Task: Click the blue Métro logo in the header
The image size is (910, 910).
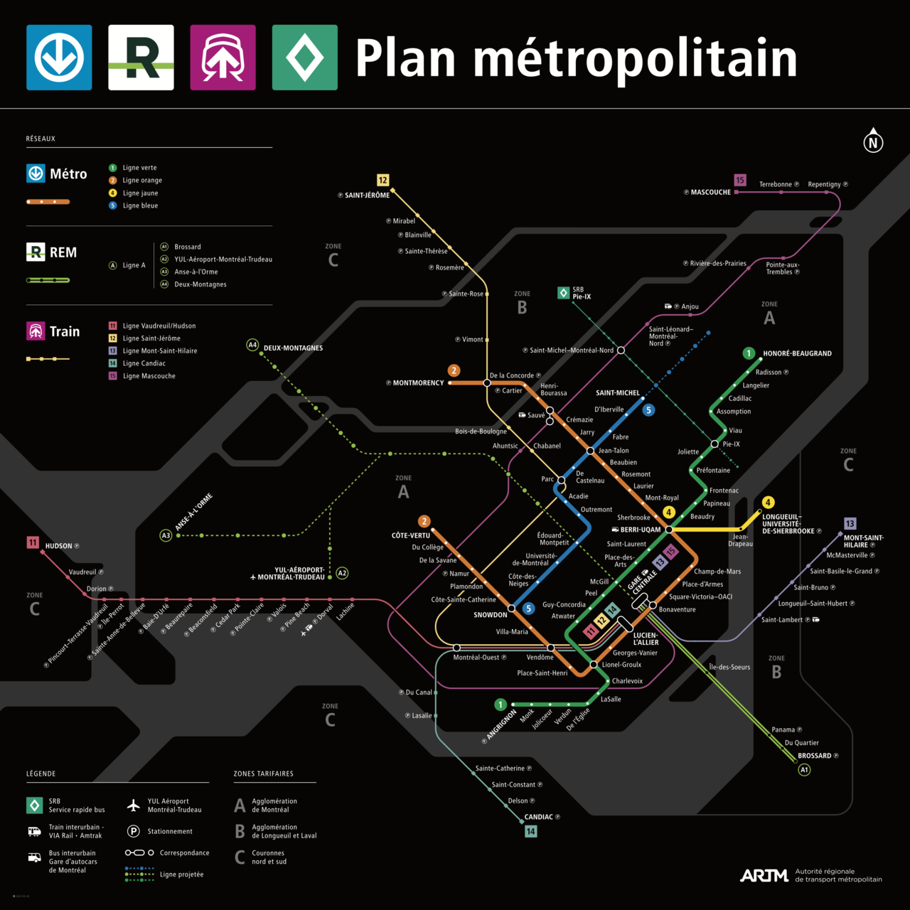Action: pos(59,58)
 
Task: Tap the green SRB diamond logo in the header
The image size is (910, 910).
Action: pos(304,58)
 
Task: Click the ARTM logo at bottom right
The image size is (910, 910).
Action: pos(764,875)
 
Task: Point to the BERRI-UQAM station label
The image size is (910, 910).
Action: pos(640,530)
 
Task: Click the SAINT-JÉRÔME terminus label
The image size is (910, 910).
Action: pos(367,195)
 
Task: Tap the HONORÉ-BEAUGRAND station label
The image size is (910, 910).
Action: pos(797,353)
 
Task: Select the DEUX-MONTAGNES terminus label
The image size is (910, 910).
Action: pos(293,348)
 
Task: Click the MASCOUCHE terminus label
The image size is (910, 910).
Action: pos(710,192)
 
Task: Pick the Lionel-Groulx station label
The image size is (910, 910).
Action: pos(621,665)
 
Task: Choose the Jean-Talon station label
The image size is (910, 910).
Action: pos(614,451)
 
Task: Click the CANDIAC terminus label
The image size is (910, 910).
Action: pos(538,817)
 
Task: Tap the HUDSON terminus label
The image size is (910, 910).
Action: pos(58,546)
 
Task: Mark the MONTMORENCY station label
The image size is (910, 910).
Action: pos(418,383)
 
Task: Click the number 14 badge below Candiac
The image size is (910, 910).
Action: pos(530,831)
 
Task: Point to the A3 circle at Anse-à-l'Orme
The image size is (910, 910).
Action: pos(166,535)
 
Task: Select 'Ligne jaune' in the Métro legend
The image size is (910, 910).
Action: pos(140,193)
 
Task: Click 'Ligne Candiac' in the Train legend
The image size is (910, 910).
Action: pos(144,363)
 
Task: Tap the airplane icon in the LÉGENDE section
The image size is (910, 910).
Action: pos(133,805)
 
